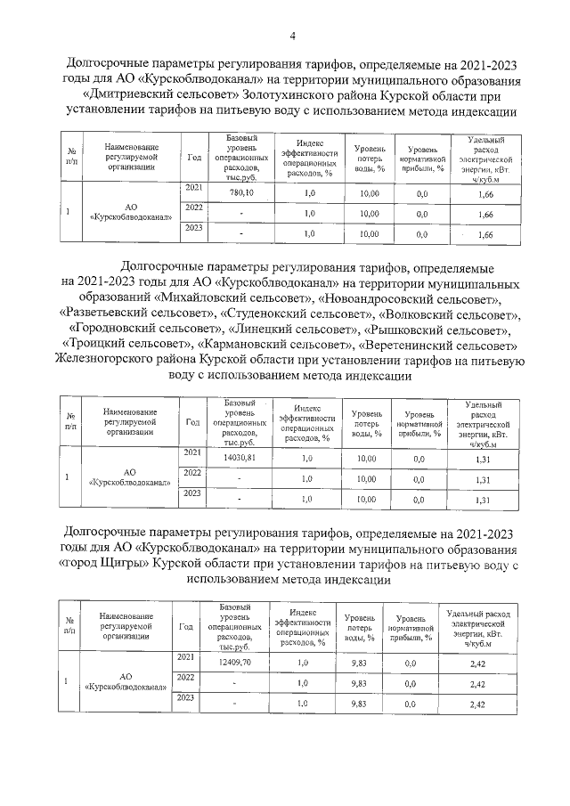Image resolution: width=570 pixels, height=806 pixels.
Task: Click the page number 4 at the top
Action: click(291, 35)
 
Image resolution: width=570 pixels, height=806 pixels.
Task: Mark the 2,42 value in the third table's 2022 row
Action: click(476, 684)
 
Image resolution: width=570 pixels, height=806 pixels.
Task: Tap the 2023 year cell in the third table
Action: click(185, 699)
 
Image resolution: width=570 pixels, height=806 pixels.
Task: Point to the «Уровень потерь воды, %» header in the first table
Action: click(369, 157)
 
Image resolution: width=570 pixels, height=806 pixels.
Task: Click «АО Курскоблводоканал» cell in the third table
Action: click(125, 681)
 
